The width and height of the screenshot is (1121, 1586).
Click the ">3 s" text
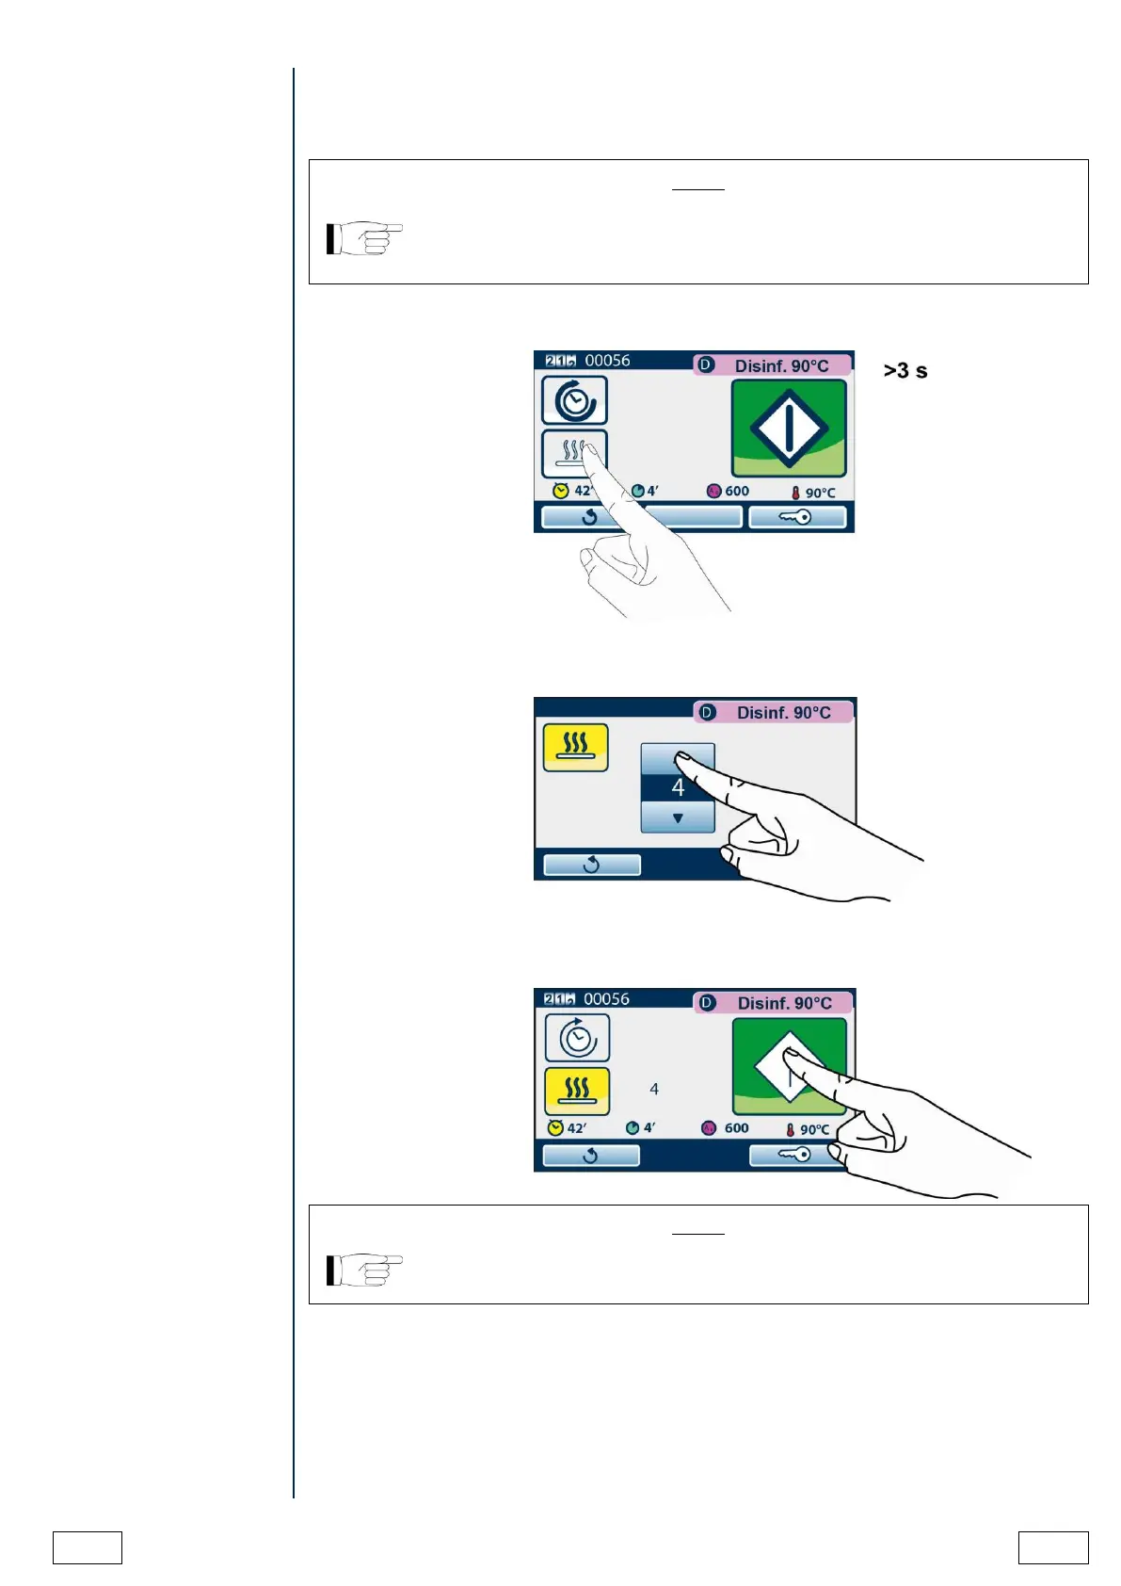905,371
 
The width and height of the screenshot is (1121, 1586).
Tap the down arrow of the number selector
678,817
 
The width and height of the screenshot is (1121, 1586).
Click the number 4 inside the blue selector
678,787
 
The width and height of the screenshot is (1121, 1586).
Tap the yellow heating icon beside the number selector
576,747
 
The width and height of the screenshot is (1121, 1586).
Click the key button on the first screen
796,517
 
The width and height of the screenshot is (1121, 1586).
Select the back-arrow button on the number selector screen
592,865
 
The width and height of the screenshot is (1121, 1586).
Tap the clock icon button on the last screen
577,1038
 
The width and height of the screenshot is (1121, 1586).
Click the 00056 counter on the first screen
607,361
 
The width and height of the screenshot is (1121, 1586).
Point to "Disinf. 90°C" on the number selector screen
783,713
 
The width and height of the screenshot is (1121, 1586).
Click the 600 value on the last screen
736,1128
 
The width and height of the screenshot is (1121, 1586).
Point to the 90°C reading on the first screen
819,493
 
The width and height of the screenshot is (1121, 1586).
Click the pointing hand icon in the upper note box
364,238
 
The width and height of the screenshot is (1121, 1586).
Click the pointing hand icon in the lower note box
364,1270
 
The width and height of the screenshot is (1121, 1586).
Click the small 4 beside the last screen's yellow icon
654,1090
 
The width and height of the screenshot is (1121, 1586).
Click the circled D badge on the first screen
706,364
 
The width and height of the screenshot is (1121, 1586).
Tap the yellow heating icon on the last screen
577,1091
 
